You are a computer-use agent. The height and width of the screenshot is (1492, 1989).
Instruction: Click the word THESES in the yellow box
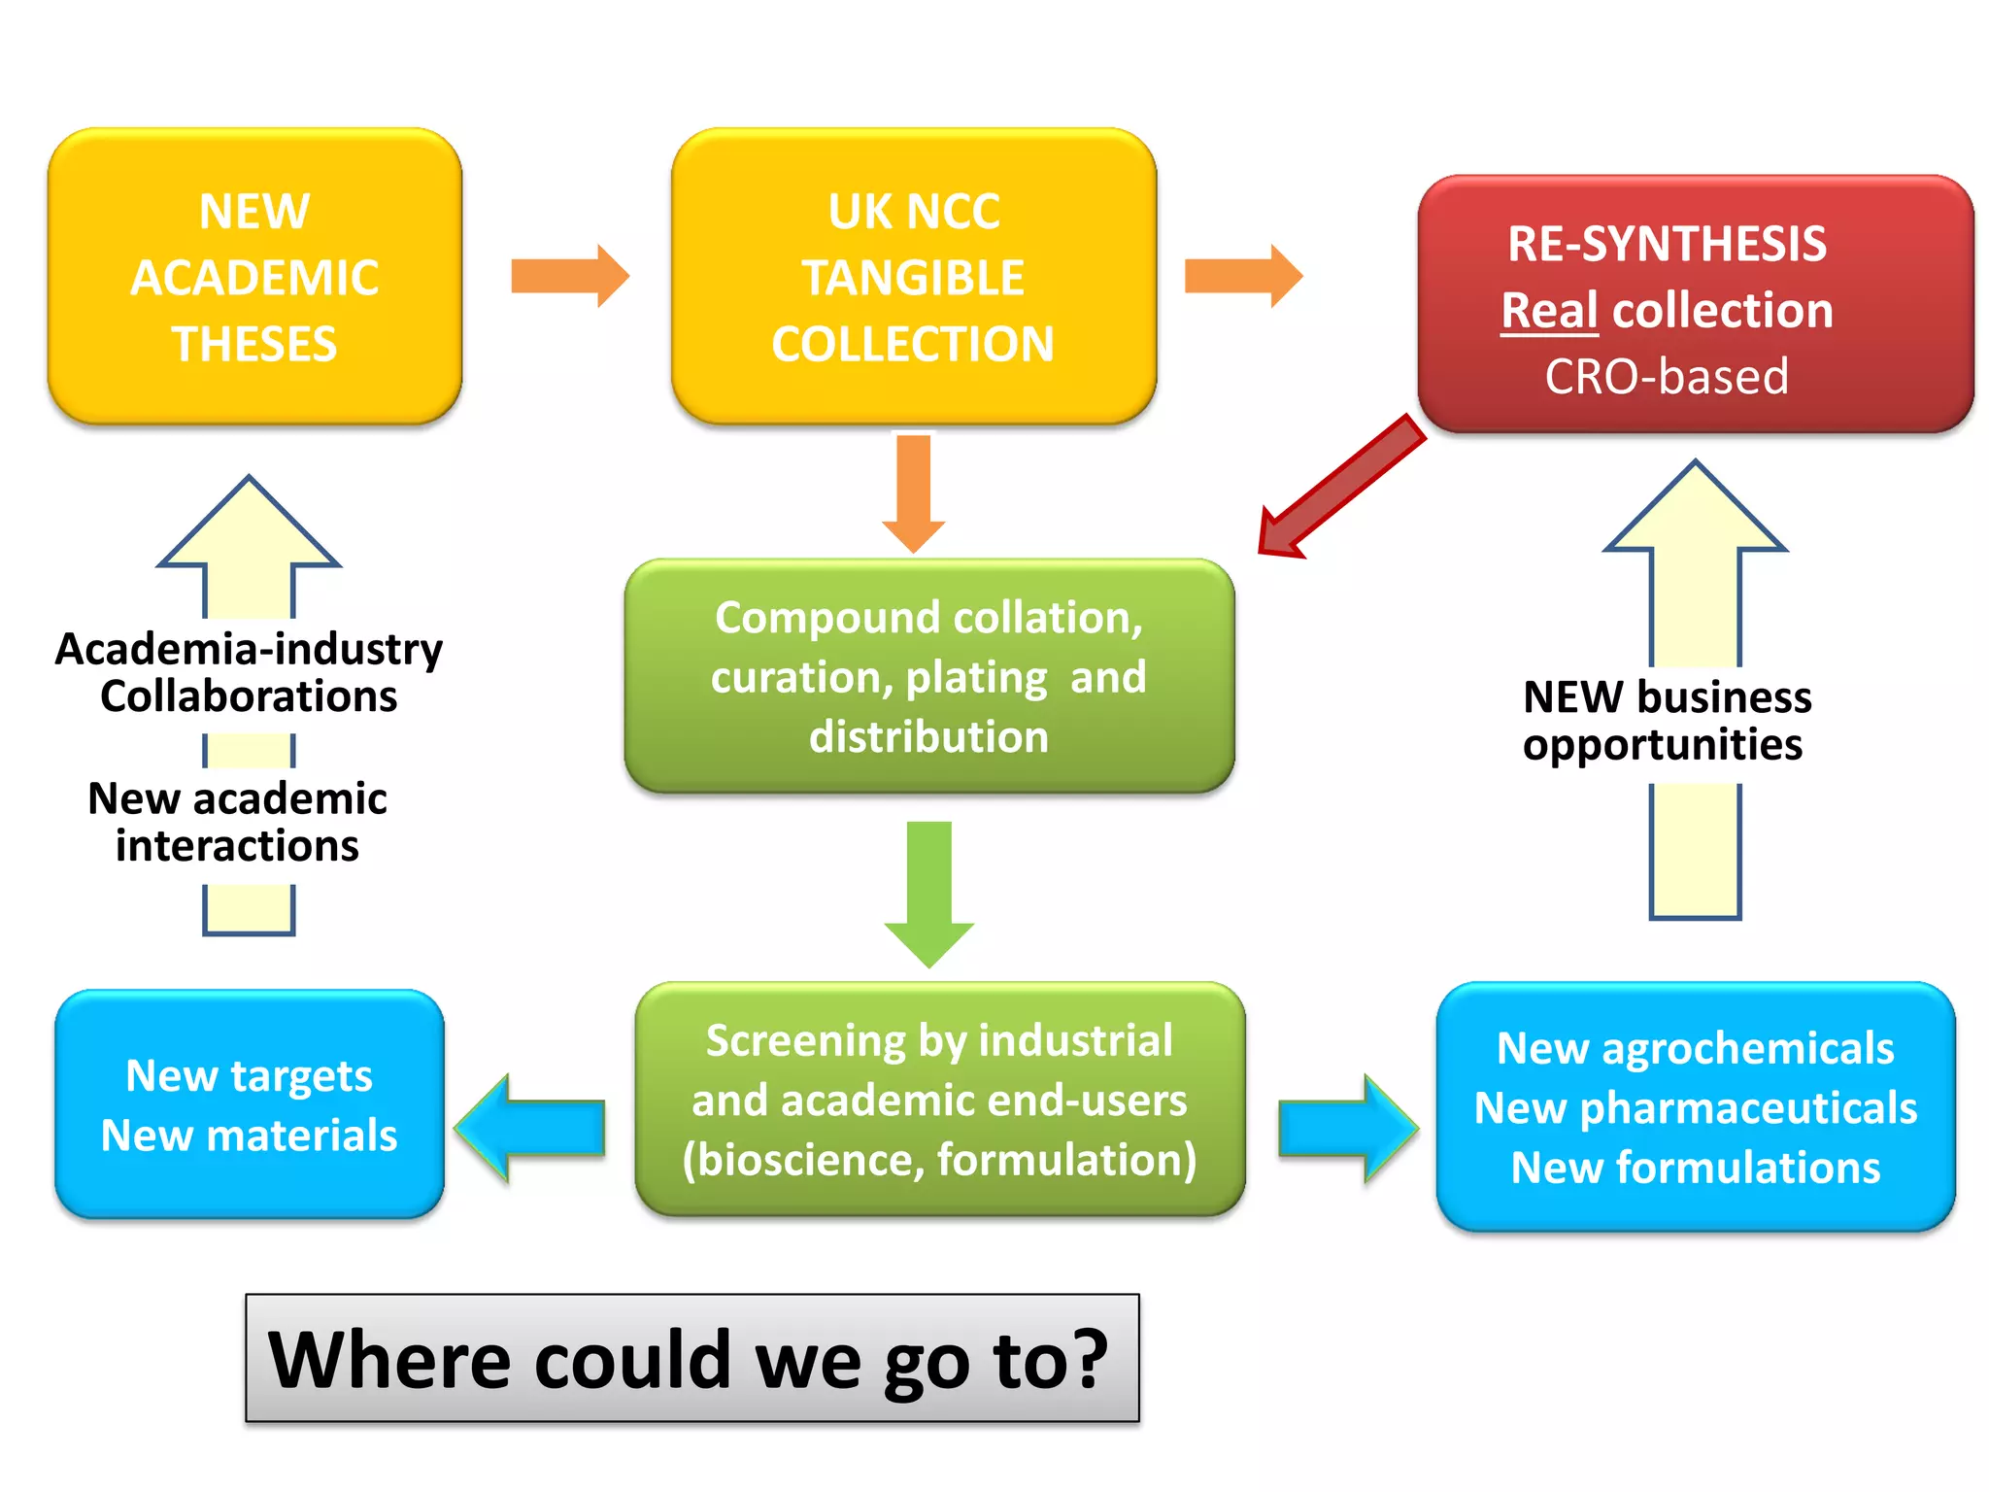(x=254, y=345)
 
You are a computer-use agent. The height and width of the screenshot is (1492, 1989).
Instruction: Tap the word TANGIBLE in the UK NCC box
(x=913, y=278)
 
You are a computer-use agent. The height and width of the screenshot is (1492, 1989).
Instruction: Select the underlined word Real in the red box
(x=1549, y=311)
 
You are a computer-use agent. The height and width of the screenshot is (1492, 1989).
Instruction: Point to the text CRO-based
(x=1667, y=377)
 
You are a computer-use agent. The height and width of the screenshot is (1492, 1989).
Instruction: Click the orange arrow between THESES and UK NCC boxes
(x=570, y=276)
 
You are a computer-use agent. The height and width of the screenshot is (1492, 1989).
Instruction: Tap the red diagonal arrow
(x=1340, y=486)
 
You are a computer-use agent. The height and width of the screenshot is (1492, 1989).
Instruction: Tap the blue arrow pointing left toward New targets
(x=529, y=1128)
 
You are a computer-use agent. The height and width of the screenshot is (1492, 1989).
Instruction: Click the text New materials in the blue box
(x=250, y=1136)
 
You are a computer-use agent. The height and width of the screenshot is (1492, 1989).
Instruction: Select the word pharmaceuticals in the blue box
(x=1748, y=1108)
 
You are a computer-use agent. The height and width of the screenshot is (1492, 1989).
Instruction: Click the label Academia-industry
(x=250, y=649)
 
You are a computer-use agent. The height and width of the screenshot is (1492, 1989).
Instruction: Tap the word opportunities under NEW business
(x=1663, y=746)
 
